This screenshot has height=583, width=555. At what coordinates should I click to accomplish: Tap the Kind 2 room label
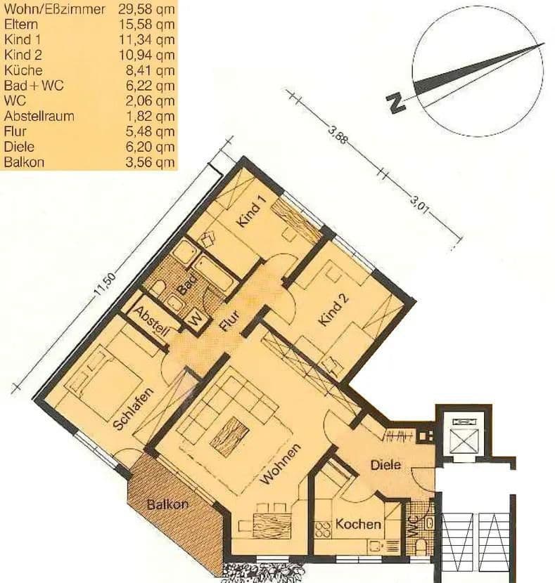click(333, 310)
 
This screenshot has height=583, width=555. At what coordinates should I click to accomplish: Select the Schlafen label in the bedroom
click(132, 409)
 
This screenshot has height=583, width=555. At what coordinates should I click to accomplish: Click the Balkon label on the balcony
click(167, 504)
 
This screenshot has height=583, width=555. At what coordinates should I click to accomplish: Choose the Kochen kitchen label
click(358, 524)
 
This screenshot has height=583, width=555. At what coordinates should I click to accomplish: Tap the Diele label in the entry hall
click(385, 464)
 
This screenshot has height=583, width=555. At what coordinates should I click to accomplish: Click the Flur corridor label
click(229, 321)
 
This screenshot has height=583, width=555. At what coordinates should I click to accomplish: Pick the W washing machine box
click(196, 319)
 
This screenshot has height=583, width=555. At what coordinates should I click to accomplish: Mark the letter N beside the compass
click(396, 102)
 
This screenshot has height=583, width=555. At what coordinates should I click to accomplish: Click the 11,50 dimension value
click(104, 285)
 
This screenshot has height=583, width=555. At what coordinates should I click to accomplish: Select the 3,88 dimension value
click(338, 134)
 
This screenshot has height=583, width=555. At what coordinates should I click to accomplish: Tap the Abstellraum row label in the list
click(39, 116)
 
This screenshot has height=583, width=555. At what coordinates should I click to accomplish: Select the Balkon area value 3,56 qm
click(150, 162)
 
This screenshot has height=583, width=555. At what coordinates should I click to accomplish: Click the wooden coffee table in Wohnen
click(229, 436)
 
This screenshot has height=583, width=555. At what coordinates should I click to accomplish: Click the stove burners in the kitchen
click(323, 530)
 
